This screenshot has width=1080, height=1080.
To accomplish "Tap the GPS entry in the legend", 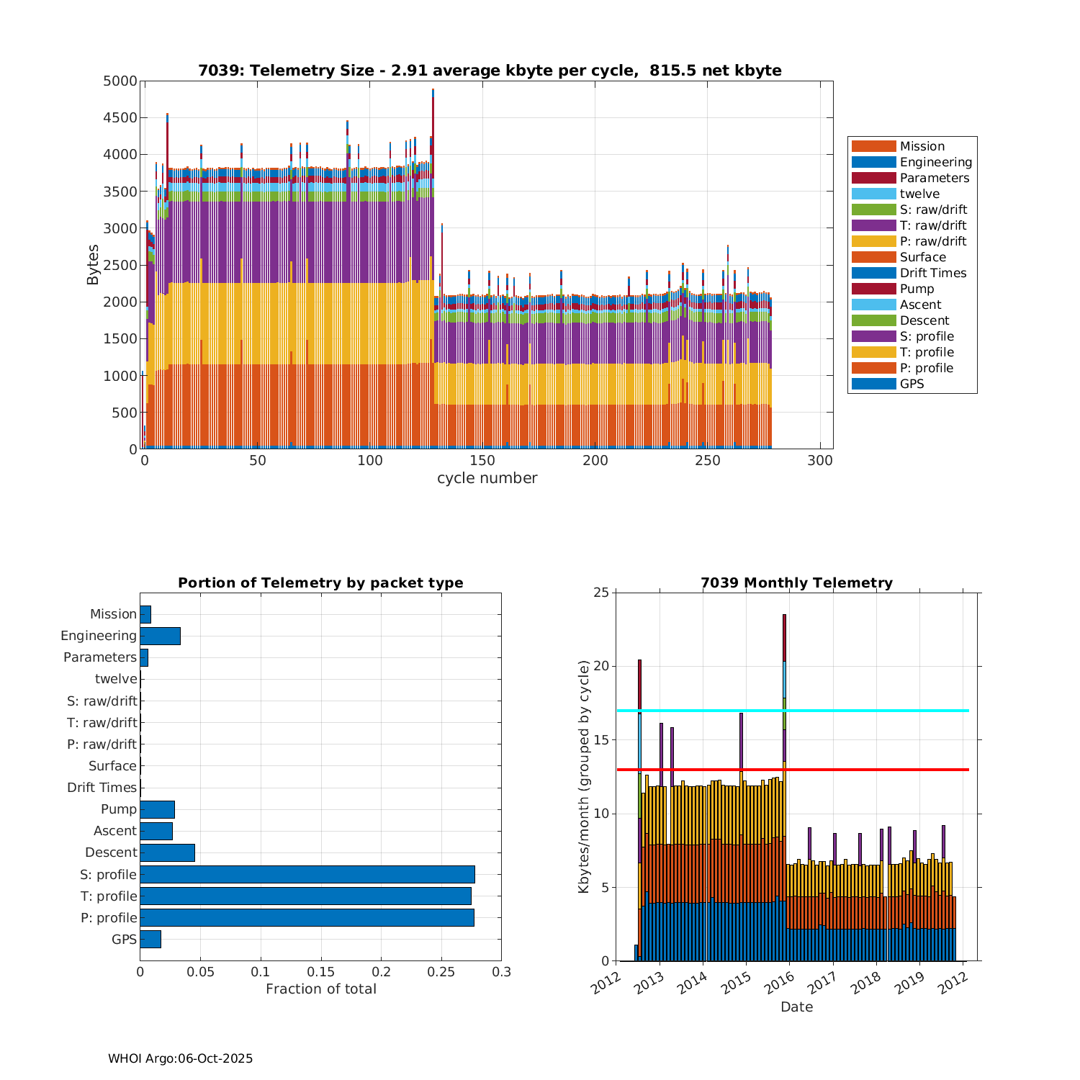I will pyautogui.click(x=912, y=384).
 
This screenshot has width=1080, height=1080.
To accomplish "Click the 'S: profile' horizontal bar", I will pyautogui.click(x=307, y=874).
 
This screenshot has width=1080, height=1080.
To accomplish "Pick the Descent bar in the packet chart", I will pyautogui.click(x=167, y=852).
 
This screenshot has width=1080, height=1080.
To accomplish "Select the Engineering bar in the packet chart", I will pyautogui.click(x=160, y=636).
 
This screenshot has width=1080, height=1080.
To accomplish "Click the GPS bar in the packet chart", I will pyautogui.click(x=150, y=939).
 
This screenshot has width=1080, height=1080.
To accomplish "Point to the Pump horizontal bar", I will pyautogui.click(x=157, y=809).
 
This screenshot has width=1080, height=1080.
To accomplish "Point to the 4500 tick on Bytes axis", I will pyautogui.click(x=120, y=118).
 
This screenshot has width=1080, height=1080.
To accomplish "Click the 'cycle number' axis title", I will pyautogui.click(x=487, y=478).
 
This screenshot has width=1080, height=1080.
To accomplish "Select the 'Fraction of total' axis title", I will pyautogui.click(x=321, y=989).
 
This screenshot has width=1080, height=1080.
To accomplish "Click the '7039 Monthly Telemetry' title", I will pyautogui.click(x=796, y=582).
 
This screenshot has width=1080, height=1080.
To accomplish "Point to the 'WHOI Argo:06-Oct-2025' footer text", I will pyautogui.click(x=180, y=1058).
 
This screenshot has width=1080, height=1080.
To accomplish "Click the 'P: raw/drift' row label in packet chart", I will pyautogui.click(x=102, y=744).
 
